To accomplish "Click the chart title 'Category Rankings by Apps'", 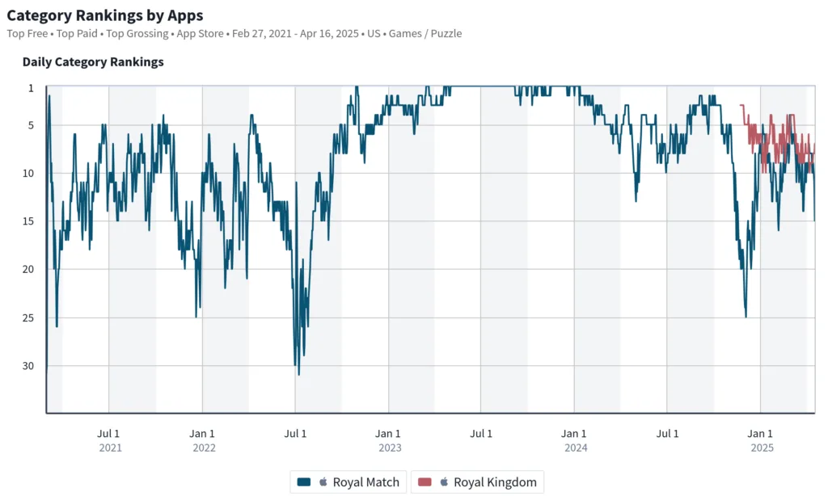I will click(105, 15).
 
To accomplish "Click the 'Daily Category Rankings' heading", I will click(93, 61).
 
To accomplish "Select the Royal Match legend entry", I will click(349, 482).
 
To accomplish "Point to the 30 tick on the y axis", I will click(29, 366).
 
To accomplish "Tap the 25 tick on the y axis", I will click(29, 317).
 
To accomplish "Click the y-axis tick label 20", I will click(29, 269).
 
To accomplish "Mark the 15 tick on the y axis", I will click(29, 221).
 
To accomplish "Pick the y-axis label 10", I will click(29, 173).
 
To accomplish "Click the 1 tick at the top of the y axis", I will click(32, 86).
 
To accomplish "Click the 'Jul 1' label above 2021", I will click(109, 434).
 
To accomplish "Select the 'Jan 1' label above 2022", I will click(202, 434).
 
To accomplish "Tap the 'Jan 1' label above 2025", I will click(761, 434).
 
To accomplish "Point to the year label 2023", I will click(389, 448).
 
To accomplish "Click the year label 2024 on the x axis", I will click(575, 448).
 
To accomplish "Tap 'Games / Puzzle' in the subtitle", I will click(426, 34).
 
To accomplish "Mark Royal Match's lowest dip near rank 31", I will click(298, 374).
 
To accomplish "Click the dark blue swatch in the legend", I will click(304, 482).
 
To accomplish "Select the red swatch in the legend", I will click(425, 482).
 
